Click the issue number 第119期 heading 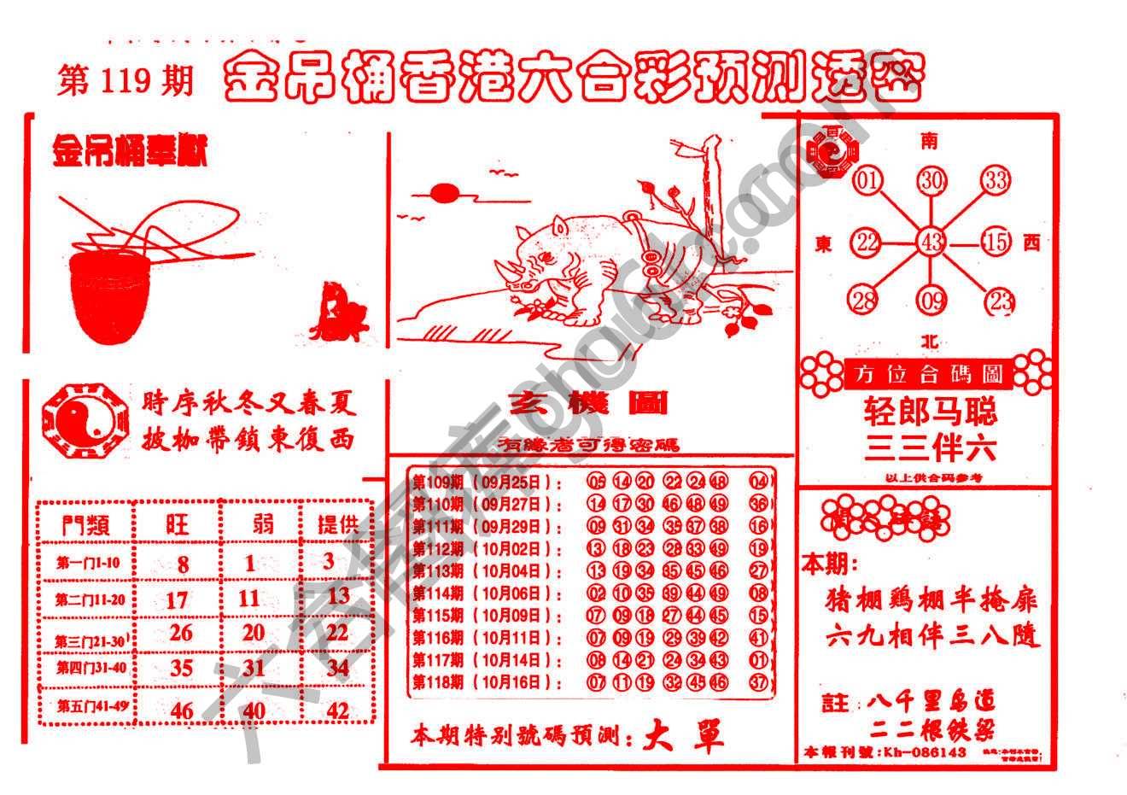[x=125, y=81]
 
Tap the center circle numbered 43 [x=931, y=243]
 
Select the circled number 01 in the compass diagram [x=867, y=180]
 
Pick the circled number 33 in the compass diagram [x=995, y=180]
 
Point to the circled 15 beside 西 [x=996, y=243]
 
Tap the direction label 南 [x=929, y=140]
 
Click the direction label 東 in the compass [x=824, y=244]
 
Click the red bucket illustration [x=111, y=295]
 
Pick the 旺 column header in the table [x=178, y=523]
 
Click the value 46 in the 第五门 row [x=181, y=710]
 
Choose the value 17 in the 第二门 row [x=177, y=599]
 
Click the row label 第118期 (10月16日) [x=488, y=682]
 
